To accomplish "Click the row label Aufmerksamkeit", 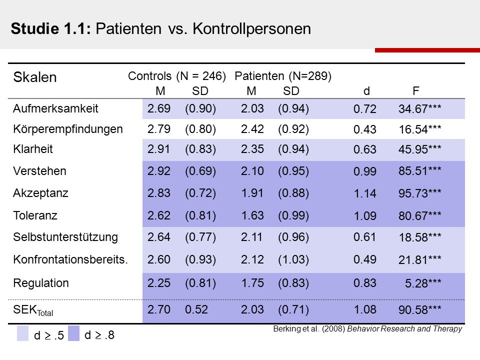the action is [x=55, y=108].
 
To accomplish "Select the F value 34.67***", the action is [x=419, y=108].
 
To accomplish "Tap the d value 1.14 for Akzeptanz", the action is [x=365, y=193].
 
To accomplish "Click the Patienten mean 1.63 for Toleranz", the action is [x=252, y=215].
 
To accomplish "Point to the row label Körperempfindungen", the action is [x=68, y=129].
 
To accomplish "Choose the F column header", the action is [x=415, y=91].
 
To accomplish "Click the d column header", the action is [x=366, y=91].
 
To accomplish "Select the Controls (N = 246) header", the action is [x=177, y=76].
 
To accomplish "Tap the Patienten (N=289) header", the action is [x=283, y=76].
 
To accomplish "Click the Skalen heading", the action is [x=35, y=77].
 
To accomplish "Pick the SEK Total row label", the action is [x=33, y=310].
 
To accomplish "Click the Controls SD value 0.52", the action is [x=196, y=309].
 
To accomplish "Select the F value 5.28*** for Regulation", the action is [x=423, y=283].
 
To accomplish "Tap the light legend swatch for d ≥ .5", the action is [x=22, y=333].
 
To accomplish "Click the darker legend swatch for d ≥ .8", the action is [x=73, y=333].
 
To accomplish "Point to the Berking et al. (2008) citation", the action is [x=367, y=329].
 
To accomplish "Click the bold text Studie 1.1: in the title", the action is [x=51, y=29].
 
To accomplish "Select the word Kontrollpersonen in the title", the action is [x=251, y=29].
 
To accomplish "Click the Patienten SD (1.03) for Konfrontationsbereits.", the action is [x=293, y=259].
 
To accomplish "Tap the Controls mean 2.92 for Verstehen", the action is [x=159, y=171].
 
